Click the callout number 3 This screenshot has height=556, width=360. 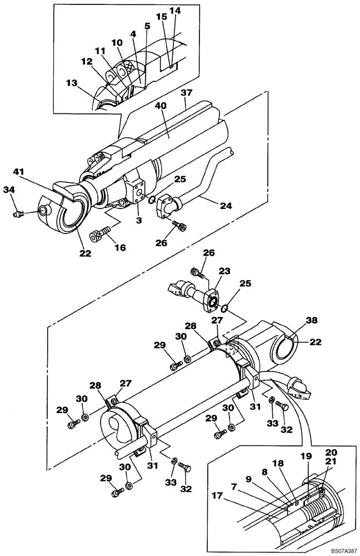(x=137, y=221)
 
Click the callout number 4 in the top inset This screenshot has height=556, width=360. (x=133, y=33)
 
